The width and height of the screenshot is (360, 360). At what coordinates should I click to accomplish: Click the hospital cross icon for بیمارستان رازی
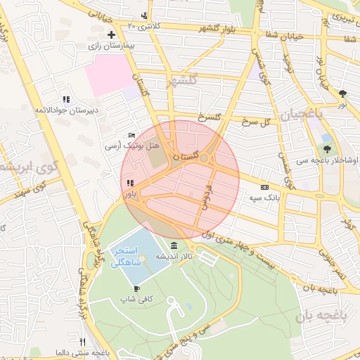[110, 34]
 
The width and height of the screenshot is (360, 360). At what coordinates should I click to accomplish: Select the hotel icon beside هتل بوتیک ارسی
[132, 136]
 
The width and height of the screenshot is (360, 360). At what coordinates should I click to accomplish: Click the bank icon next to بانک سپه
[264, 188]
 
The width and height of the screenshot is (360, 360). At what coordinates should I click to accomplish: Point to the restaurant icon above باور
[130, 183]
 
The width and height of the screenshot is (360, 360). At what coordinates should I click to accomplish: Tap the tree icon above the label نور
[342, 93]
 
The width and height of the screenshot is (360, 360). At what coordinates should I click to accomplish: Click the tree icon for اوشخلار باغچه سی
[327, 149]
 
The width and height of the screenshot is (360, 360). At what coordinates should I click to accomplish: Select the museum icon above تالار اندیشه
[174, 245]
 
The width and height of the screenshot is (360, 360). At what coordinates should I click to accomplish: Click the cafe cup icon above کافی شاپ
[136, 288]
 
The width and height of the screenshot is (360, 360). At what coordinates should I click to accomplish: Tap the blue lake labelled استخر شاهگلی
[127, 257]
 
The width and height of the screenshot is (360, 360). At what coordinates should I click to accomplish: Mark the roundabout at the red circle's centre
[204, 159]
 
